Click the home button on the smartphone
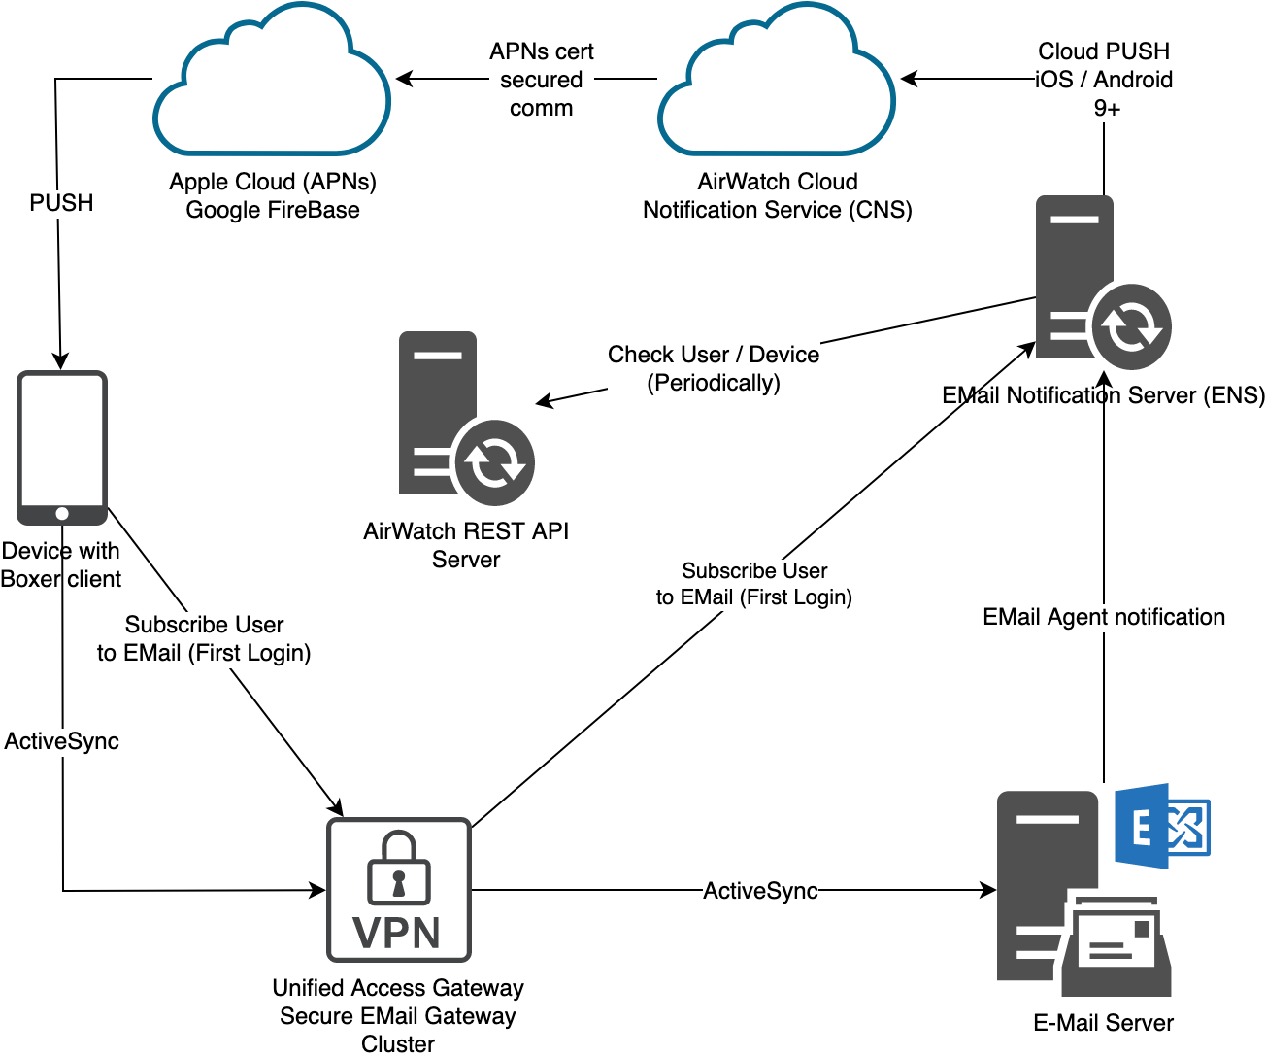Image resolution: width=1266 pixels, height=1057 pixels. click(62, 513)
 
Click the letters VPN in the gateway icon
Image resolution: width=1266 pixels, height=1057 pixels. click(397, 933)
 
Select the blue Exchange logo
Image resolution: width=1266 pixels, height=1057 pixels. click(1161, 827)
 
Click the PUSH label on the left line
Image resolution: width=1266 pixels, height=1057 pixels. click(61, 203)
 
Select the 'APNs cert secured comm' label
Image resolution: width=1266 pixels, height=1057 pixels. click(541, 80)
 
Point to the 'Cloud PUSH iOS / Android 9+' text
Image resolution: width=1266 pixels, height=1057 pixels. click(1104, 80)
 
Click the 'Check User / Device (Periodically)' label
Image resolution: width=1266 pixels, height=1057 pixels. click(714, 368)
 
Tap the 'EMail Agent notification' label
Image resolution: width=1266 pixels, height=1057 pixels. click(1104, 617)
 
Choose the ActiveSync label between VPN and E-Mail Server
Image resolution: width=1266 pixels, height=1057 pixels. click(760, 891)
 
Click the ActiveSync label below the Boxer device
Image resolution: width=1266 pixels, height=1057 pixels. click(62, 741)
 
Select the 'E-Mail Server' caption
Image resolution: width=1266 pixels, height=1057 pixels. click(1103, 1023)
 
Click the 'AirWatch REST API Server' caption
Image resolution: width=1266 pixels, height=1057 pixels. click(466, 545)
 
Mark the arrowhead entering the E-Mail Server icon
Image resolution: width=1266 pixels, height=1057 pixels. click(989, 890)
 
